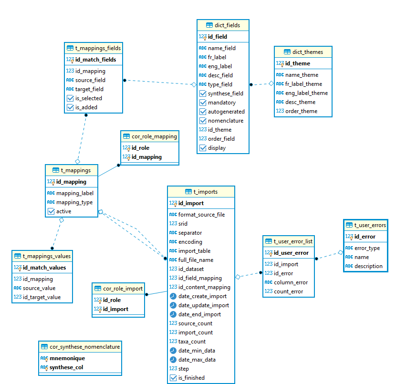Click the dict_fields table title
coord(227,25)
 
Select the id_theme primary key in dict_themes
coord(298,63)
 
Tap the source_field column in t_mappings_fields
coord(90,80)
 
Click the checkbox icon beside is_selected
coord(70,98)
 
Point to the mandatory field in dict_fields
coord(222,103)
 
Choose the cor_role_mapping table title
coord(154,136)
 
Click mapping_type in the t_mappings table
coord(74,202)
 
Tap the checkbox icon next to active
coord(51,211)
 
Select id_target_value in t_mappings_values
coord(42,297)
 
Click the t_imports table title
coord(205,192)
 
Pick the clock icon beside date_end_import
coord(173,314)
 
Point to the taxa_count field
coord(192,342)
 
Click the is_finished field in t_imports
coord(191,378)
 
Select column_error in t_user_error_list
coord(291,282)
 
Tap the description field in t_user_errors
coord(368,266)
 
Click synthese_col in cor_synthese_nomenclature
coord(66,367)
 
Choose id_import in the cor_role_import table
coord(115,309)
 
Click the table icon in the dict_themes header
coord(287,52)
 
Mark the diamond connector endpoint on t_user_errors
coord(341,252)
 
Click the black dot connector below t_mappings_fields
coord(86,115)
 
